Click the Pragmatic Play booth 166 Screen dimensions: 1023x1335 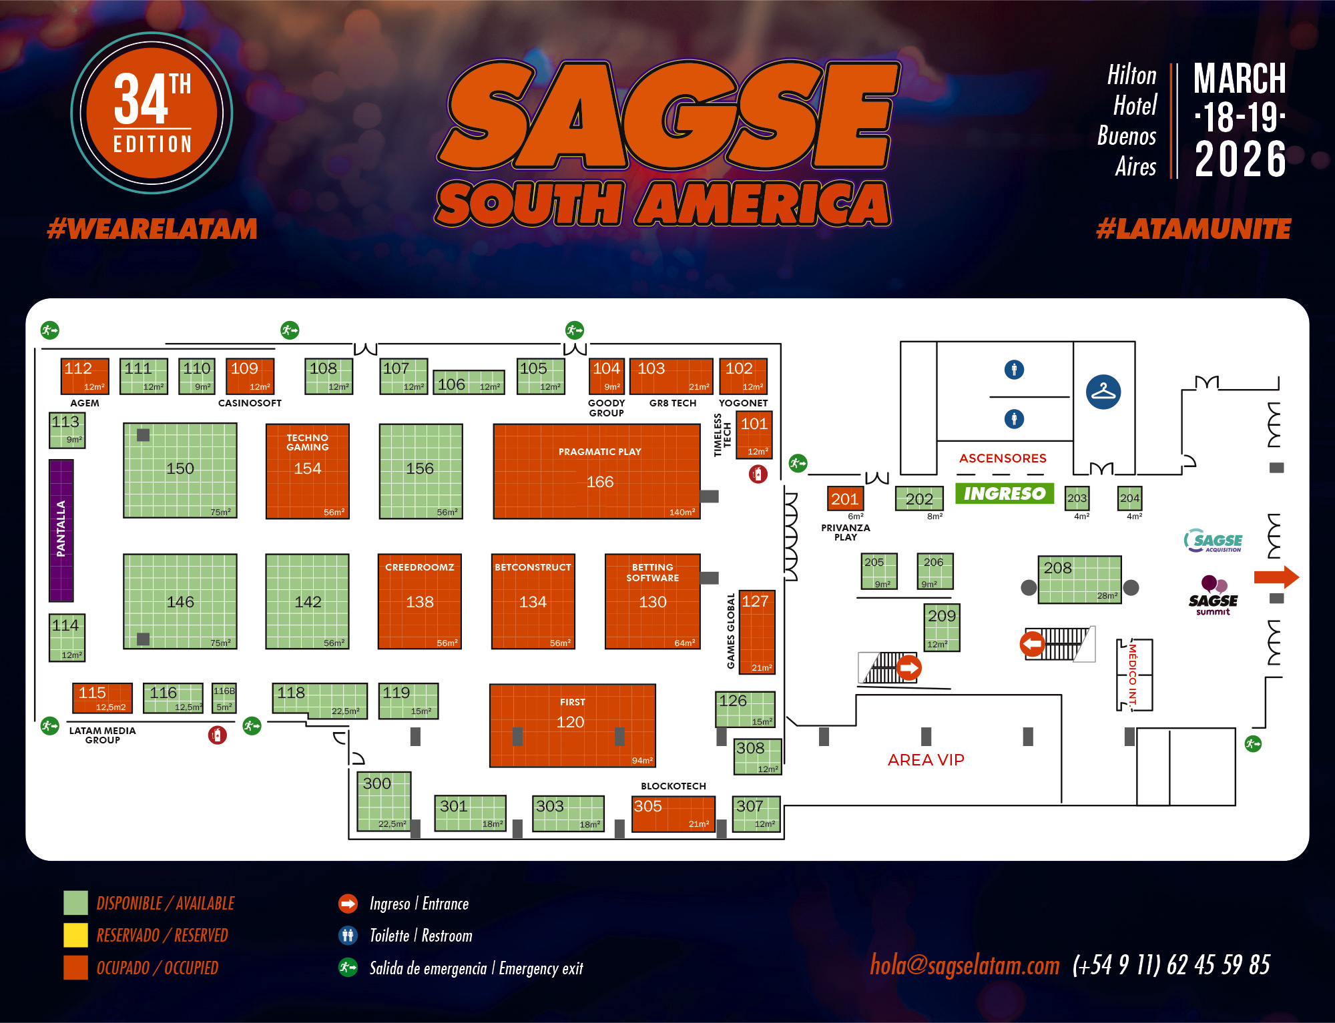click(596, 471)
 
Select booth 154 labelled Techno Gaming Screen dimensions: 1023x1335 click(307, 471)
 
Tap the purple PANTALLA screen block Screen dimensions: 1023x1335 click(61, 531)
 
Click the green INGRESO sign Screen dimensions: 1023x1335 click(1004, 493)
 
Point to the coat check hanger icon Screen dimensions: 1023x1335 click(1103, 392)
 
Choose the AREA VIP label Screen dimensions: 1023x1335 click(926, 759)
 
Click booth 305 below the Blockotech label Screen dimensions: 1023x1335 click(673, 813)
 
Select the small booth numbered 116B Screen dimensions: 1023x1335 click(224, 697)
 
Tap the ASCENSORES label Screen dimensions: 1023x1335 click(1003, 458)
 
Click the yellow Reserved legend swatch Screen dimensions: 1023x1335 click(75, 935)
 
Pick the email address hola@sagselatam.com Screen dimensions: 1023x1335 click(965, 965)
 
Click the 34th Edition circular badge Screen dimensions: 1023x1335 click(152, 113)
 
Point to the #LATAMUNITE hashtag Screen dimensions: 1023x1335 click(1193, 229)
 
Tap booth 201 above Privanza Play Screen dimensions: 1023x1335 click(845, 498)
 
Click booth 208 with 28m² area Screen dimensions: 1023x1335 click(1079, 579)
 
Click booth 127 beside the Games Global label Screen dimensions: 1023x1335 click(757, 631)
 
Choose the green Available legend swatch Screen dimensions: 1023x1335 click(75, 903)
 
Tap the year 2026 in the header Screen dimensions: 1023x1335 click(1240, 159)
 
